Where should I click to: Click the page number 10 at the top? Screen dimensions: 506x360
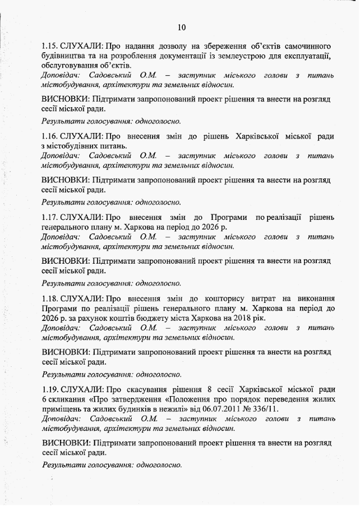click(181, 27)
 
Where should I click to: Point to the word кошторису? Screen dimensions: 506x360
click(232, 298)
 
